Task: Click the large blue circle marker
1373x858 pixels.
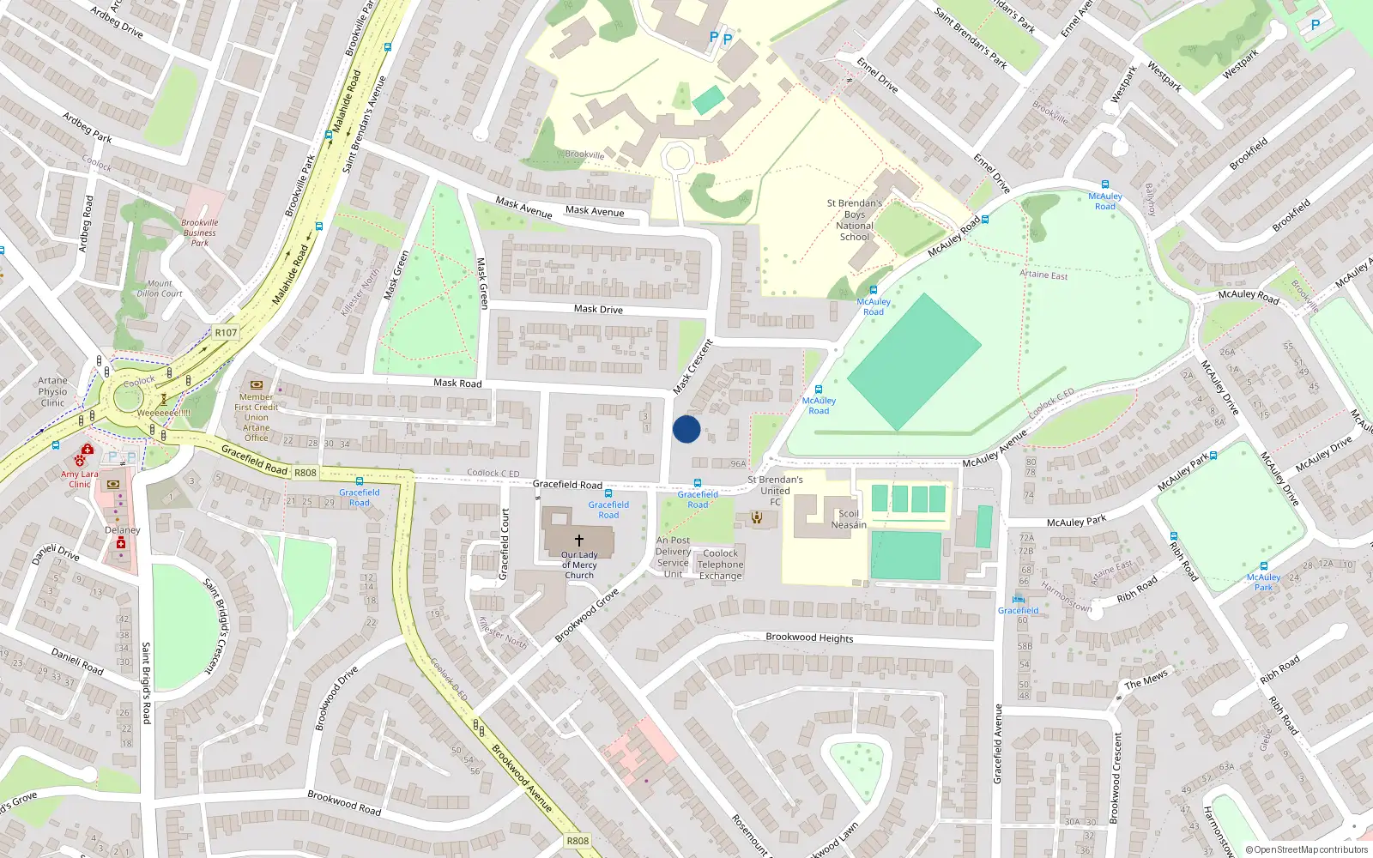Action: [686, 429]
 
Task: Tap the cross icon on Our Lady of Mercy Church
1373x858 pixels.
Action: [579, 541]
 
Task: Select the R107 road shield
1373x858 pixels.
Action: [226, 333]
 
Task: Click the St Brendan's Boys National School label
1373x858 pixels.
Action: [855, 221]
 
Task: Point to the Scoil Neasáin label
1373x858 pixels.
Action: [849, 519]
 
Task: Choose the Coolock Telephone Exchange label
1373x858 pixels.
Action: [721, 565]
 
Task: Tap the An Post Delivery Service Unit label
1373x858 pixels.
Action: [673, 557]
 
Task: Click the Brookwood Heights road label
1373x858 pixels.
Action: [809, 637]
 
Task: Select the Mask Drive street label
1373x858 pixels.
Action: [598, 309]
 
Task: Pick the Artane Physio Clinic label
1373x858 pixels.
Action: [52, 391]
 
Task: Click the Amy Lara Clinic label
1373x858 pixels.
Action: [80, 479]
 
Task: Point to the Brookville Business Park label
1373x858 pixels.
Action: [200, 233]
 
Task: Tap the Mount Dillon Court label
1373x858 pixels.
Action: [160, 288]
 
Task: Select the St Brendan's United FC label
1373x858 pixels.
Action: [775, 491]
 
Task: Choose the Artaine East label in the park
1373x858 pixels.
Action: [1043, 275]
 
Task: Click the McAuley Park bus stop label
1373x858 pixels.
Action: [1263, 582]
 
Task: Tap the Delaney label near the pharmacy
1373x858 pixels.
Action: [123, 530]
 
